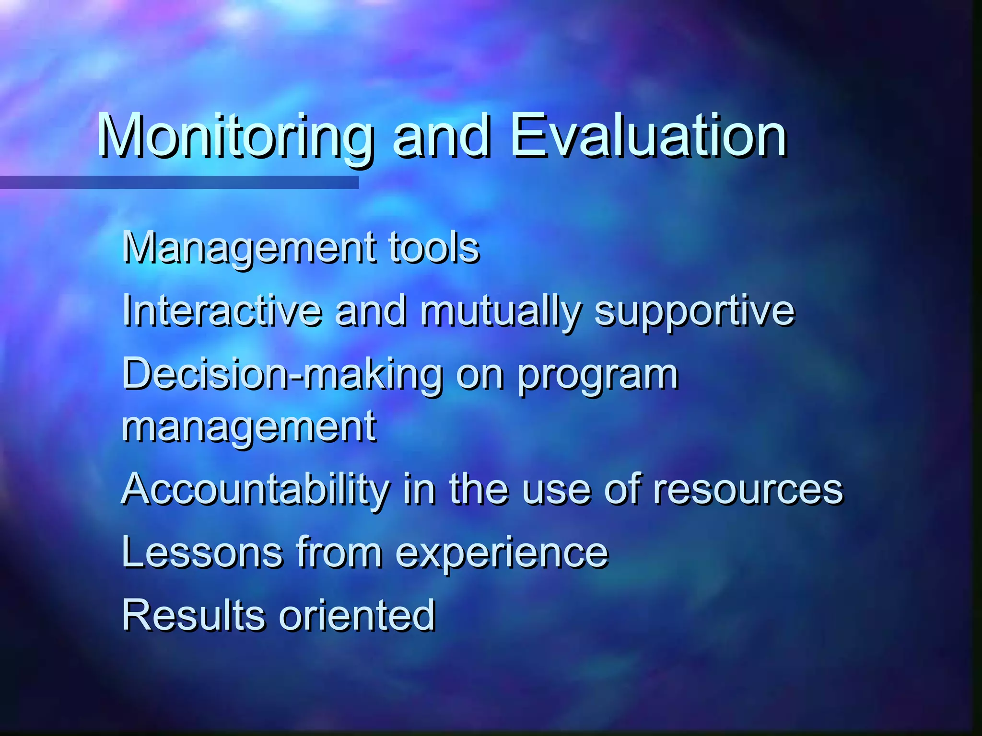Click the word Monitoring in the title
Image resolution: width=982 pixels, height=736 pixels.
coord(235,137)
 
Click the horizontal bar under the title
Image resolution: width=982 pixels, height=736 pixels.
coord(179,182)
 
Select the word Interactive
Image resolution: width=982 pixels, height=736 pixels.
coord(222,311)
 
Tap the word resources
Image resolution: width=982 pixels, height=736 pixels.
coord(748,490)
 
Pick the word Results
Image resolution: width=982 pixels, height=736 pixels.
coord(193,615)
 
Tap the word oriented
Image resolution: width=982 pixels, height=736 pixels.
coord(357,615)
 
